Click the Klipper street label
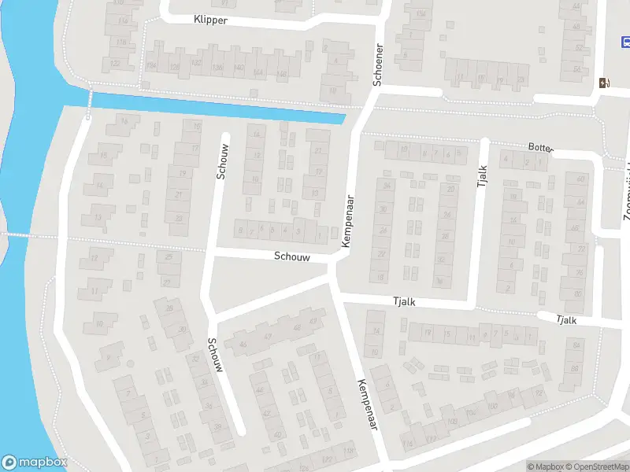pos(209,20)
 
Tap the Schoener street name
pos(378,64)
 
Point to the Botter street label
pos(541,147)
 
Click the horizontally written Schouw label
pos(291,256)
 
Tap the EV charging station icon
pos(604,83)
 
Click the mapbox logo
pos(35,463)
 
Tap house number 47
pos(268,337)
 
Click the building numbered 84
pos(576,346)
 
